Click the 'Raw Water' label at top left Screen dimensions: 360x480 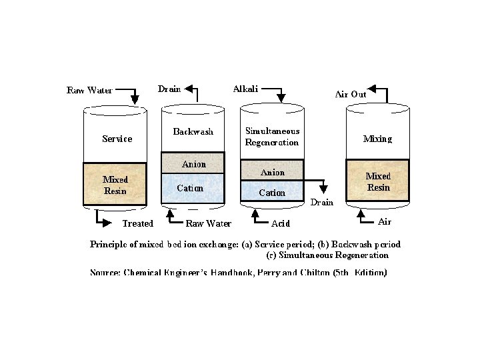click(89, 90)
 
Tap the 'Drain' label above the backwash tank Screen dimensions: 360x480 click(169, 89)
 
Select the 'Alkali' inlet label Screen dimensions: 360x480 click(245, 89)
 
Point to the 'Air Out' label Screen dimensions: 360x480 click(350, 95)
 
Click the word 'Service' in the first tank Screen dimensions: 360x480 click(117, 139)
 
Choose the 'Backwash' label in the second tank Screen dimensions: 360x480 click(193, 131)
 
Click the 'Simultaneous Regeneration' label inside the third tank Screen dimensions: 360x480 click(272, 137)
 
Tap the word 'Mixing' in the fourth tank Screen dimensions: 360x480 click(377, 139)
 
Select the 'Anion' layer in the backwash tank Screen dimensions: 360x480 click(194, 164)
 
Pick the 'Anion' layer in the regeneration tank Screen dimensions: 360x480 click(272, 172)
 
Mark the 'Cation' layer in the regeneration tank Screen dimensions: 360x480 click(272, 193)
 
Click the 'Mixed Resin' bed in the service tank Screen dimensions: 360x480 click(115, 185)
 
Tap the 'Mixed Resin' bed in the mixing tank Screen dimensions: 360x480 click(378, 181)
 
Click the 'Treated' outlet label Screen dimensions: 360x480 click(137, 223)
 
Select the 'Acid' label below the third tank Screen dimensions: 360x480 click(281, 223)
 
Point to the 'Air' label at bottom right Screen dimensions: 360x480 click(385, 221)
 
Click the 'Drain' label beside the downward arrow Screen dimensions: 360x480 click(322, 202)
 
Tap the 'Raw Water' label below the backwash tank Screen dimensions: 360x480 click(208, 223)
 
